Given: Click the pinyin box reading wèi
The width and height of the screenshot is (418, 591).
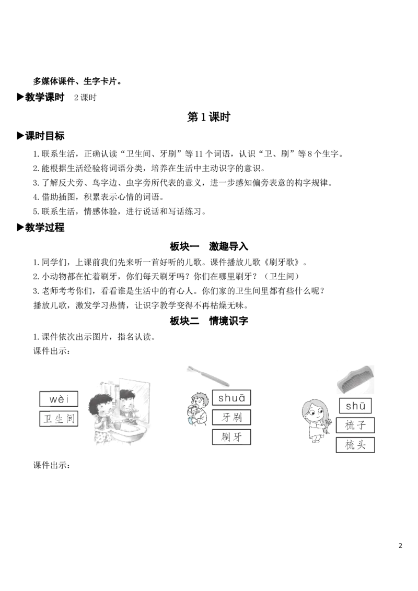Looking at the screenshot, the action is pyautogui.click(x=59, y=399).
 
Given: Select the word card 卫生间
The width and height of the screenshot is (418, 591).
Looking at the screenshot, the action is pyautogui.click(x=59, y=419).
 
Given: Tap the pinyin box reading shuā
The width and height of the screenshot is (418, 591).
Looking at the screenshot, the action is pyautogui.click(x=231, y=398).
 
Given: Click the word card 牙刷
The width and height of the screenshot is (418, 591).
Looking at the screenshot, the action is pyautogui.click(x=231, y=417).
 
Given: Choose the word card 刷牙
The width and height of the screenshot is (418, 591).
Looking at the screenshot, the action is pyautogui.click(x=231, y=437).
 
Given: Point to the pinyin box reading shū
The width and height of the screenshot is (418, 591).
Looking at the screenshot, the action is pyautogui.click(x=355, y=406).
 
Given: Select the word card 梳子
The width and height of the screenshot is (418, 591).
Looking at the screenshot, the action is pyautogui.click(x=355, y=425).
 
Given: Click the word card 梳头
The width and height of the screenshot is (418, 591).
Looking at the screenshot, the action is pyautogui.click(x=355, y=445).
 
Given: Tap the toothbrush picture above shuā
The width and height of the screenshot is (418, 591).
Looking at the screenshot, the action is pyautogui.click(x=208, y=375).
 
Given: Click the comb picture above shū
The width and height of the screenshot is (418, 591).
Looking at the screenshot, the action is pyautogui.click(x=355, y=379).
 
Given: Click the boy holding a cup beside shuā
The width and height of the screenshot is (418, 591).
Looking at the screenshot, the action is pyautogui.click(x=197, y=409).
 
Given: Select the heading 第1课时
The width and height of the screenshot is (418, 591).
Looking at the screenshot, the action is pyautogui.click(x=208, y=117).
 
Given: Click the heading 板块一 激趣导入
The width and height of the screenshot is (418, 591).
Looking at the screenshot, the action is pyautogui.click(x=208, y=246).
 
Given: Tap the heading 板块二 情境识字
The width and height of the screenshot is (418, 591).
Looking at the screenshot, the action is pyautogui.click(x=208, y=321).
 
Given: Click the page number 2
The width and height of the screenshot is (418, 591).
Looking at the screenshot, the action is pyautogui.click(x=400, y=546).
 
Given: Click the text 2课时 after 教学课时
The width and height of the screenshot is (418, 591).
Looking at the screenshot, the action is pyautogui.click(x=85, y=97).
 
